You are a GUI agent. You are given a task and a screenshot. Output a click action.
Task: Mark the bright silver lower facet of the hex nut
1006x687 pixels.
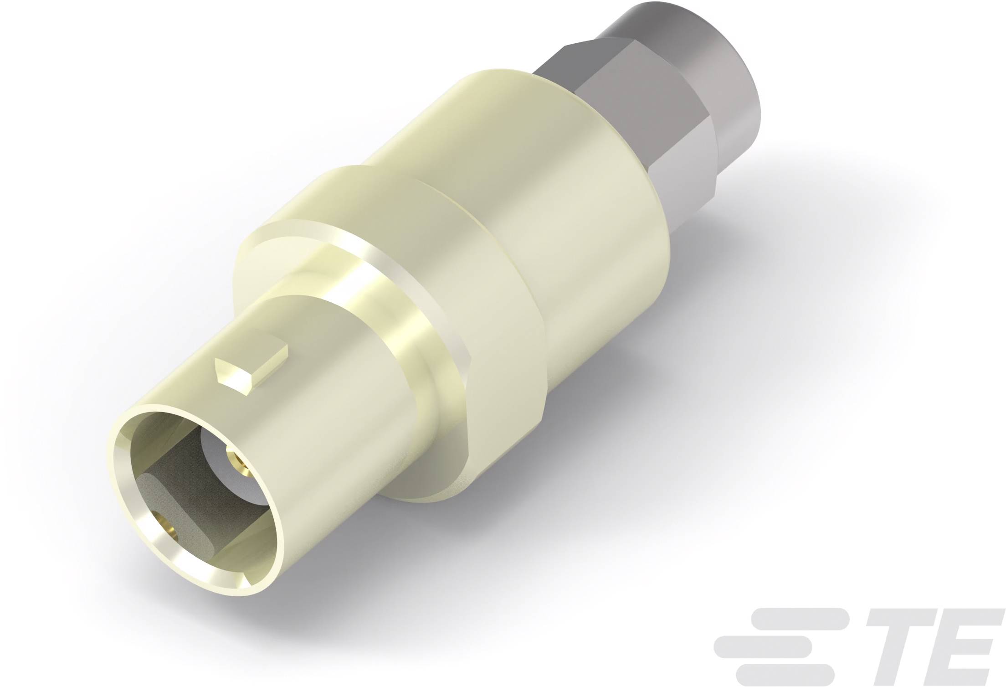pyautogui.click(x=683, y=182)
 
